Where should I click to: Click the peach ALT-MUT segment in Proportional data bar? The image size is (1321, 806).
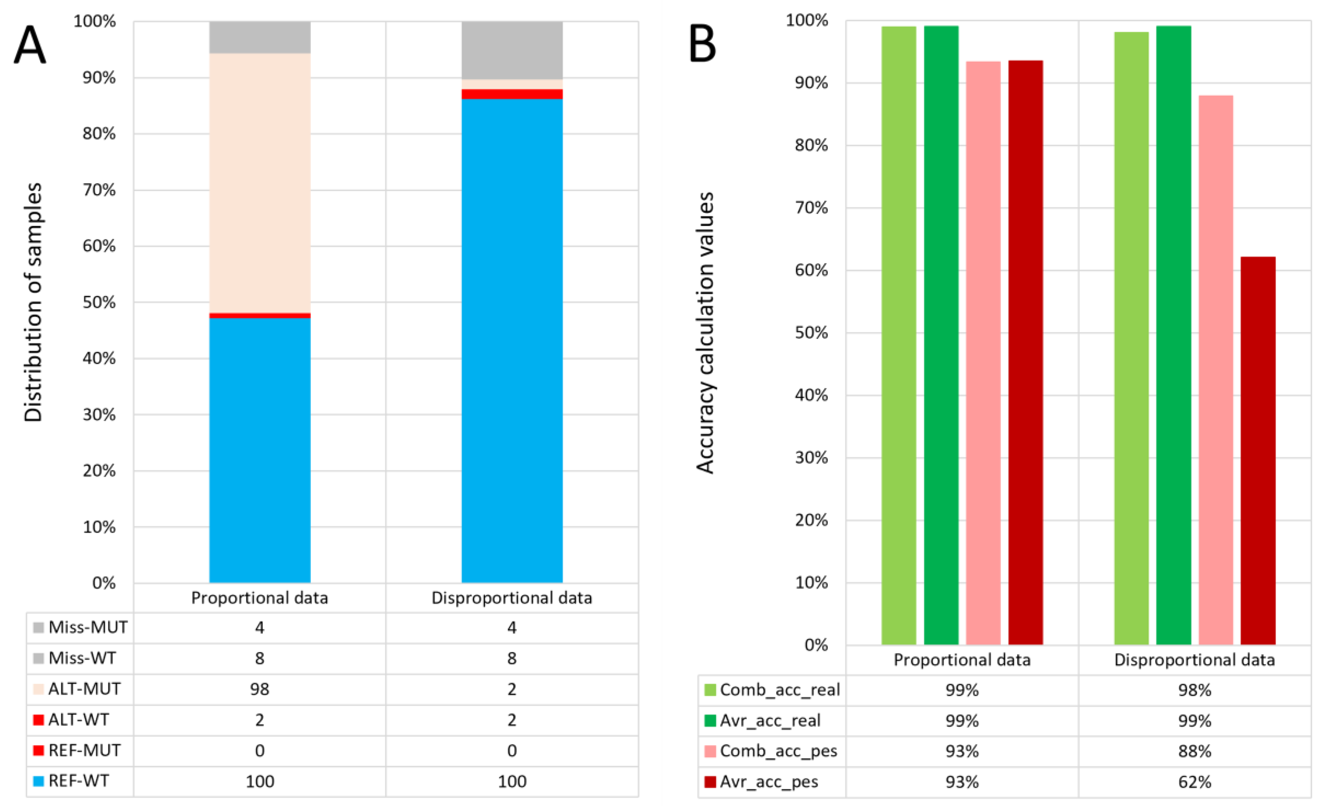tap(259, 182)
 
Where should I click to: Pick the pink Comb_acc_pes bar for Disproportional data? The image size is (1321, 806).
tap(1216, 370)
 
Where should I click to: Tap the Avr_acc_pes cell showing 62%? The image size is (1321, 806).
tap(1194, 782)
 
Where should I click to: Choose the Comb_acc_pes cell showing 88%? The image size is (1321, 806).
tap(1194, 751)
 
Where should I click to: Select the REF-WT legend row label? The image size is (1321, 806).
tap(78, 781)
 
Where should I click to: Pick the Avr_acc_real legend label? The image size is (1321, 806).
tap(770, 720)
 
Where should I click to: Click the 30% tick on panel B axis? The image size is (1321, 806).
tap(811, 457)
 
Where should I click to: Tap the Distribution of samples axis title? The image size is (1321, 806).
tap(33, 302)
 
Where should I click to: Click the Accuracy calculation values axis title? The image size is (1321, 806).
tap(705, 333)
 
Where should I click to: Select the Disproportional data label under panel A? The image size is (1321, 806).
tap(512, 598)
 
